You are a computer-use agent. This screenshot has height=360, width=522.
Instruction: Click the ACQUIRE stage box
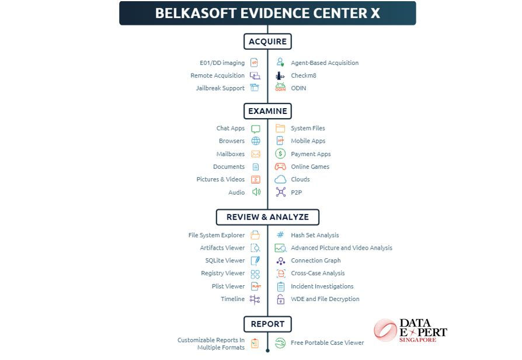click(267, 41)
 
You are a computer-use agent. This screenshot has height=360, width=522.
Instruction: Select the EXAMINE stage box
click(267, 111)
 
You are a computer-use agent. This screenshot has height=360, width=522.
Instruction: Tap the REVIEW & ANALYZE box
click(267, 217)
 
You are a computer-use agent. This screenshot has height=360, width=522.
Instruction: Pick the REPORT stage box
click(267, 324)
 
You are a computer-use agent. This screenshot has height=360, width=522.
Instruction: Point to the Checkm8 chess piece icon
click(280, 75)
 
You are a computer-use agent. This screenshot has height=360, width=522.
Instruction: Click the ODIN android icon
click(280, 88)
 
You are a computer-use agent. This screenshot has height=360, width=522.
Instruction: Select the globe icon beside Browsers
click(256, 141)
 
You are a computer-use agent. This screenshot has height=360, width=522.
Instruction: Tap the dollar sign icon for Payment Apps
click(280, 154)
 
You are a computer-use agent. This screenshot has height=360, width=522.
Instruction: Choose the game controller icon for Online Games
click(280, 167)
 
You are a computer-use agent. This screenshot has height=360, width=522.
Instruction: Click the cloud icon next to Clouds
click(280, 179)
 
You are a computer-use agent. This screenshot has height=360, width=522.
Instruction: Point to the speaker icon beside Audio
click(256, 192)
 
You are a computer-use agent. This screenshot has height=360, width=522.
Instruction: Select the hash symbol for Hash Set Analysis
click(280, 235)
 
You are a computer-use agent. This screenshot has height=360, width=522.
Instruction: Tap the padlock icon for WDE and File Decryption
click(281, 299)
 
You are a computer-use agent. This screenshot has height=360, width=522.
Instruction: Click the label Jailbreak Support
click(220, 88)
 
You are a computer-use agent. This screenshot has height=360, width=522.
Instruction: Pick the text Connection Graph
click(316, 260)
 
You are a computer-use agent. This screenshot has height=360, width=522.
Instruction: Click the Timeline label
click(233, 299)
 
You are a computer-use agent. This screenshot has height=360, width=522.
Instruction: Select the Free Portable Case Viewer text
click(327, 342)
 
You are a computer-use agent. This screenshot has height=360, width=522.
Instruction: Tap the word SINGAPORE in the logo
click(417, 340)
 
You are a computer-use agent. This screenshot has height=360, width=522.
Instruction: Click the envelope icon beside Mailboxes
click(256, 154)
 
